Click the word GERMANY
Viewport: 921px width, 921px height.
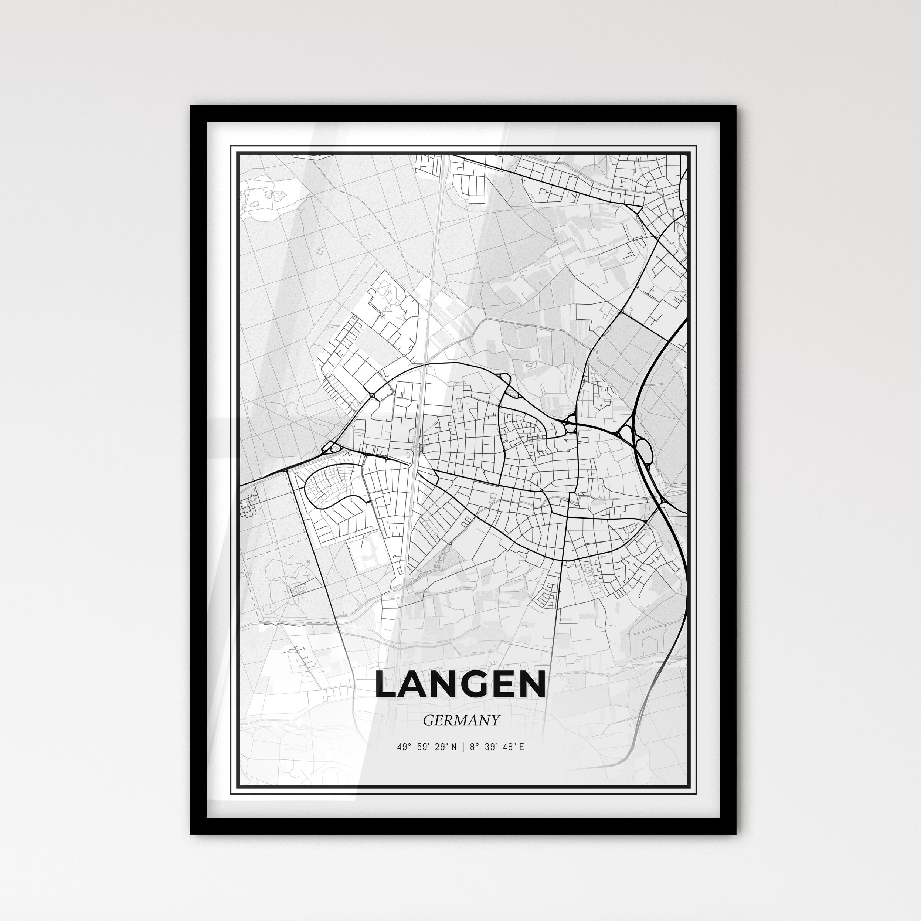point(461,720)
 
